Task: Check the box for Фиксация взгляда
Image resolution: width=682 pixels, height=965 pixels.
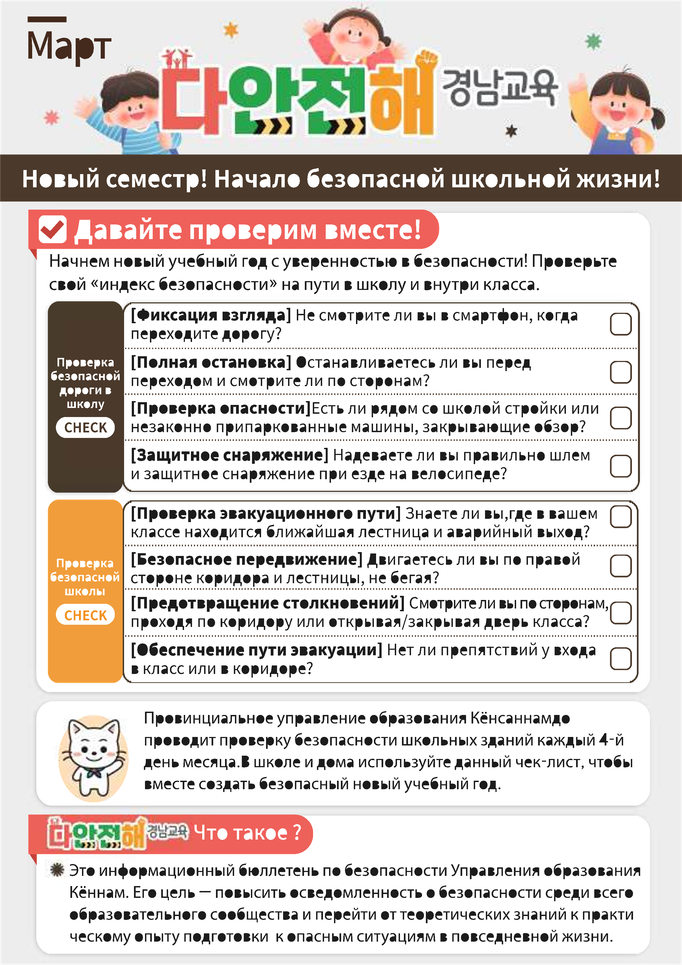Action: click(620, 324)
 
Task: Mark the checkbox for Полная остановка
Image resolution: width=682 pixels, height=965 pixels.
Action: click(620, 372)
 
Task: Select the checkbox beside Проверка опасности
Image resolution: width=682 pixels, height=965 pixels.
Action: click(620, 418)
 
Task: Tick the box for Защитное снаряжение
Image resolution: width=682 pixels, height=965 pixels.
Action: click(620, 466)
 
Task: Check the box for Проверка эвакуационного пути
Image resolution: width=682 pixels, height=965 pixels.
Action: click(620, 517)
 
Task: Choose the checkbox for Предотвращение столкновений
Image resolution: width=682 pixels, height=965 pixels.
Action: click(620, 612)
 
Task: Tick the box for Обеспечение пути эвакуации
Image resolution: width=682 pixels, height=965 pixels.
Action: click(620, 658)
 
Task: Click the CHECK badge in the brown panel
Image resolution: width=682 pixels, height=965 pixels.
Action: click(85, 427)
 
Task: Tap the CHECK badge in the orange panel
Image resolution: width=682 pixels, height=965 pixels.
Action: click(85, 615)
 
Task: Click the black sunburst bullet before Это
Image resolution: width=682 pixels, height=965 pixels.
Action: click(57, 870)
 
